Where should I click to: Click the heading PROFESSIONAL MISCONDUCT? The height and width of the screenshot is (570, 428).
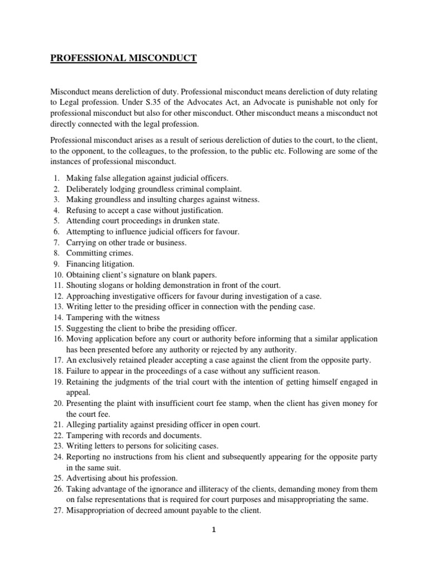point(123,57)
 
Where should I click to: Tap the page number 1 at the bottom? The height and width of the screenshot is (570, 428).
point(213,530)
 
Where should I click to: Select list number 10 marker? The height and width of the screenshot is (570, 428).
point(56,274)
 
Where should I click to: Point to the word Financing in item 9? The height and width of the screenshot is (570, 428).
point(84,264)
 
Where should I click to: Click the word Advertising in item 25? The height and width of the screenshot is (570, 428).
point(86,478)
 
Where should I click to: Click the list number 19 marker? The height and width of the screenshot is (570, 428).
point(56,381)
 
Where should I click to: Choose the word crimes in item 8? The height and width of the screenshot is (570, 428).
point(122,253)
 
